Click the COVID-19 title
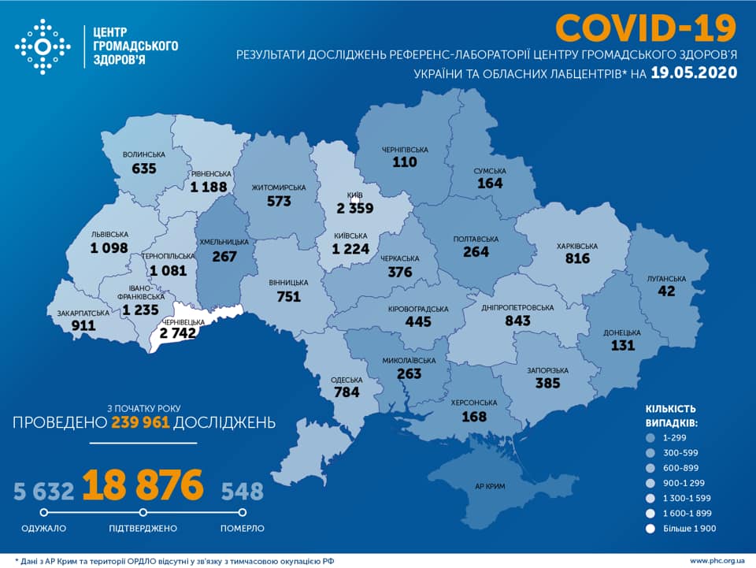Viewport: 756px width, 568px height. [x=646, y=28]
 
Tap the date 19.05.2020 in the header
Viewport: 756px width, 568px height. [x=694, y=73]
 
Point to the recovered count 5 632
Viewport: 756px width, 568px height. [x=43, y=492]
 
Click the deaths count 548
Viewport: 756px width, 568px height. [x=242, y=492]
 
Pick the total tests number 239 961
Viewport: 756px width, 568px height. [x=140, y=423]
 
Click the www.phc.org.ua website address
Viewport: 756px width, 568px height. [x=717, y=560]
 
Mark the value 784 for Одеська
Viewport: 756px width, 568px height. [x=346, y=392]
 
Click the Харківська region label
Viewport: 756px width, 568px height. [x=576, y=246]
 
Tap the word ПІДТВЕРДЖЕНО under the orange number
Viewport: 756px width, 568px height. [x=143, y=528]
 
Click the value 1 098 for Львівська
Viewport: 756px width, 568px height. [x=93, y=248]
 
